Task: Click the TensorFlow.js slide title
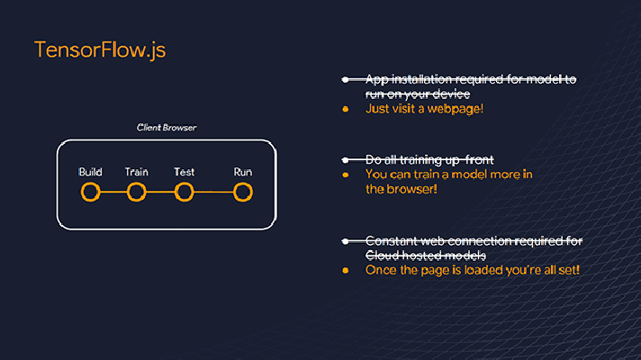pyautogui.click(x=100, y=50)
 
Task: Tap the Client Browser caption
pyautogui.click(x=167, y=128)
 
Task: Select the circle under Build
pyautogui.click(x=90, y=192)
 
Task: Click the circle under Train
pyautogui.click(x=137, y=192)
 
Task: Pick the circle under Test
pyautogui.click(x=184, y=192)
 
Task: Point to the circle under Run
pyautogui.click(x=243, y=192)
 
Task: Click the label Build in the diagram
pyautogui.click(x=90, y=172)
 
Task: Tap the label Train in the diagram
pyautogui.click(x=137, y=172)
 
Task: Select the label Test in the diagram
pyautogui.click(x=184, y=172)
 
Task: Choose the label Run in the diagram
pyautogui.click(x=243, y=172)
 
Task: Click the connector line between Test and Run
pyautogui.click(x=213, y=192)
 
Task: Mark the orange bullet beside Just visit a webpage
pyautogui.click(x=346, y=109)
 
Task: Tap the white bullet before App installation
pyautogui.click(x=346, y=80)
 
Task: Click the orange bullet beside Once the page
pyautogui.click(x=346, y=270)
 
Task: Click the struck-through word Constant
pyautogui.click(x=392, y=241)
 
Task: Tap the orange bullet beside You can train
pyautogui.click(x=346, y=175)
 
